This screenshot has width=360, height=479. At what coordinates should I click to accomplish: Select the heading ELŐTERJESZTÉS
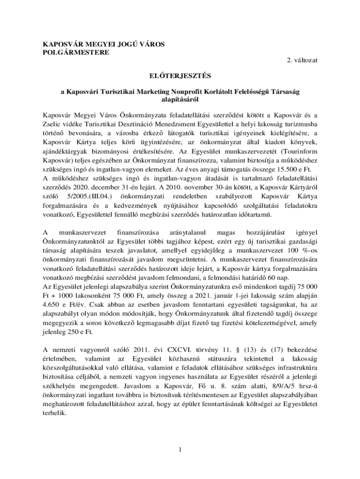pyautogui.click(x=180, y=76)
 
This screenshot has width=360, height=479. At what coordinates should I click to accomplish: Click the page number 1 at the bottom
pyautogui.click(x=180, y=450)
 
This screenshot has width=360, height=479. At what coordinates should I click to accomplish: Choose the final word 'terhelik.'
pyautogui.click(x=55, y=414)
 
